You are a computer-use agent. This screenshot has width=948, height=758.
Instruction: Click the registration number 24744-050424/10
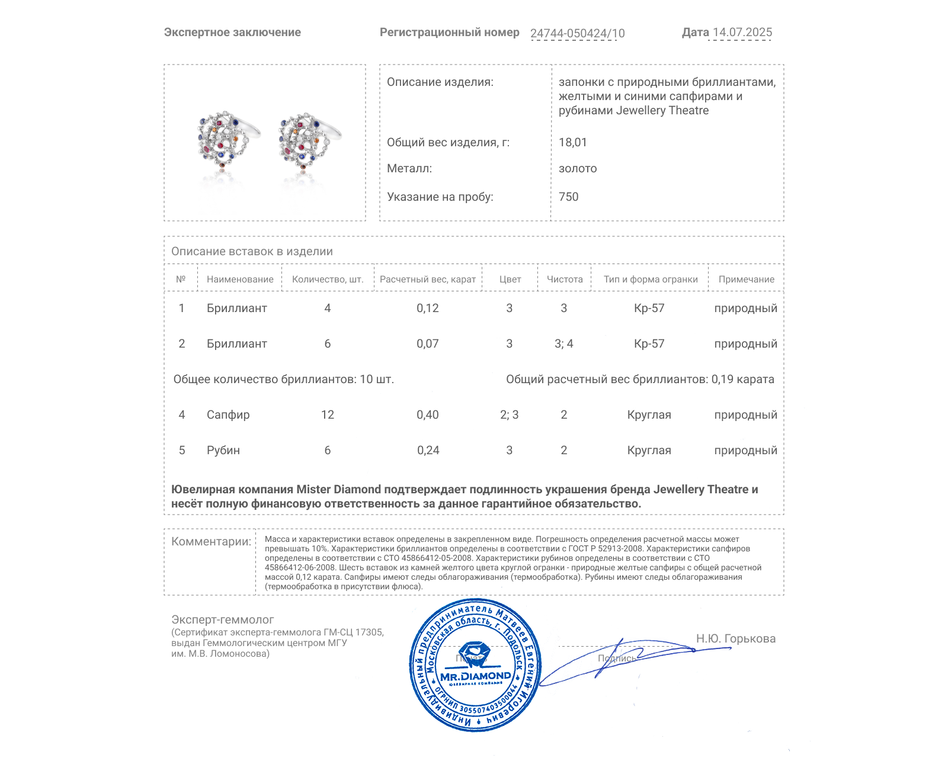(x=577, y=33)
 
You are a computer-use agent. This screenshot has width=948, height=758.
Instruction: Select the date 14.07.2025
(x=742, y=33)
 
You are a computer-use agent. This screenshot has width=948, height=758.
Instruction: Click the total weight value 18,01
(x=572, y=142)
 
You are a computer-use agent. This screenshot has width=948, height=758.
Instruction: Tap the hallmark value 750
(x=568, y=197)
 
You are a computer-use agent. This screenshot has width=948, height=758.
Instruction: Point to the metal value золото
(x=578, y=168)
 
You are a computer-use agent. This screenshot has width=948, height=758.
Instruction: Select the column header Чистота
(x=564, y=280)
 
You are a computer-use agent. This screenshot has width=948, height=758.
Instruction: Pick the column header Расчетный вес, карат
(x=428, y=280)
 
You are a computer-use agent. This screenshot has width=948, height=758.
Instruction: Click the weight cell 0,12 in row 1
(x=428, y=308)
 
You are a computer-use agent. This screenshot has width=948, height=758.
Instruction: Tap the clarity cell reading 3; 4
(x=563, y=343)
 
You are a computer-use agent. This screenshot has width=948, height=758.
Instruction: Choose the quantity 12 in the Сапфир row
(x=328, y=415)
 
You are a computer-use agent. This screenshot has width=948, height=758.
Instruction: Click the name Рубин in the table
(x=223, y=450)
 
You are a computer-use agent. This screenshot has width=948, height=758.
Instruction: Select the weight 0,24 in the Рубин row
(x=428, y=450)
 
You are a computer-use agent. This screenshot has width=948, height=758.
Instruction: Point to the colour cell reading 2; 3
(x=509, y=415)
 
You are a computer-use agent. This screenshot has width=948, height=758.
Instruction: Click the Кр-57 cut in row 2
(x=649, y=343)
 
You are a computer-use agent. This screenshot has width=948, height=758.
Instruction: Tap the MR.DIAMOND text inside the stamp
(x=475, y=676)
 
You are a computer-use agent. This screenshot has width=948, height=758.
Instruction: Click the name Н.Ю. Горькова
(x=735, y=638)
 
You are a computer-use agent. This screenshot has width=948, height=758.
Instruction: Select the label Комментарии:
(x=211, y=541)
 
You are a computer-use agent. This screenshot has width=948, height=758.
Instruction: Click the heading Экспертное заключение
(x=232, y=33)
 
